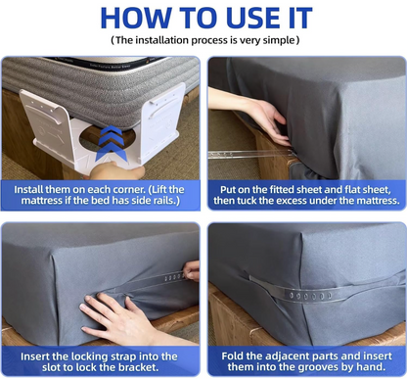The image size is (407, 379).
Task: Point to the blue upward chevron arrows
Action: click(112, 143)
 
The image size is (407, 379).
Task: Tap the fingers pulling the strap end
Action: click(192, 270)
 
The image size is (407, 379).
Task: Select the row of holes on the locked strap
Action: click(310, 296)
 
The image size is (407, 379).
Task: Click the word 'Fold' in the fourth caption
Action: click(233, 355)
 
